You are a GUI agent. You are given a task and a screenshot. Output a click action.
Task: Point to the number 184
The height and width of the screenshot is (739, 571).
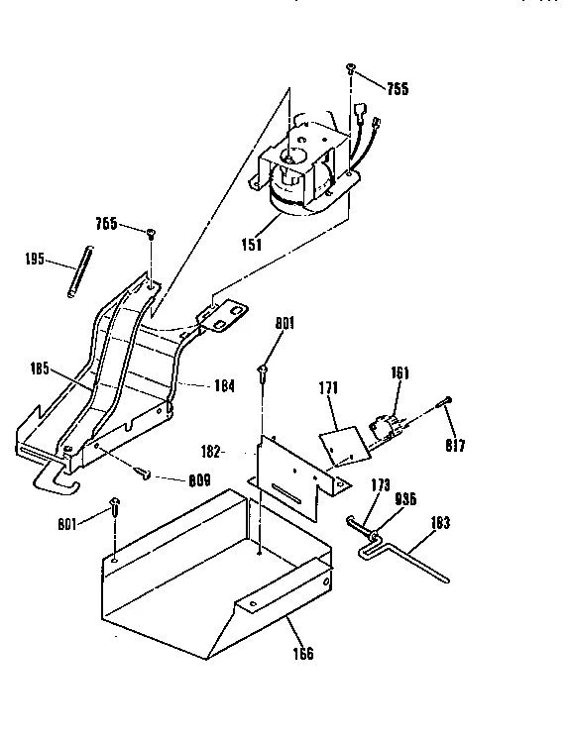click(x=224, y=385)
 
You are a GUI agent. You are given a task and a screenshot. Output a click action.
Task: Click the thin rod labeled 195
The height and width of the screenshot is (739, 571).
click(x=76, y=271)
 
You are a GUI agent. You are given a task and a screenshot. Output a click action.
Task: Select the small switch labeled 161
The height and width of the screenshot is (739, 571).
click(x=389, y=427)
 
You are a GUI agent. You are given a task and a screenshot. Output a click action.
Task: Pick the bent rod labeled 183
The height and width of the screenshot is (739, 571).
click(x=416, y=562)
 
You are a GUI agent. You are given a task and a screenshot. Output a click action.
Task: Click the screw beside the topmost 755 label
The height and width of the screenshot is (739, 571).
click(x=351, y=68)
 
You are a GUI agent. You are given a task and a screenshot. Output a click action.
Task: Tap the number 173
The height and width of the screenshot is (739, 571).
click(x=380, y=486)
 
